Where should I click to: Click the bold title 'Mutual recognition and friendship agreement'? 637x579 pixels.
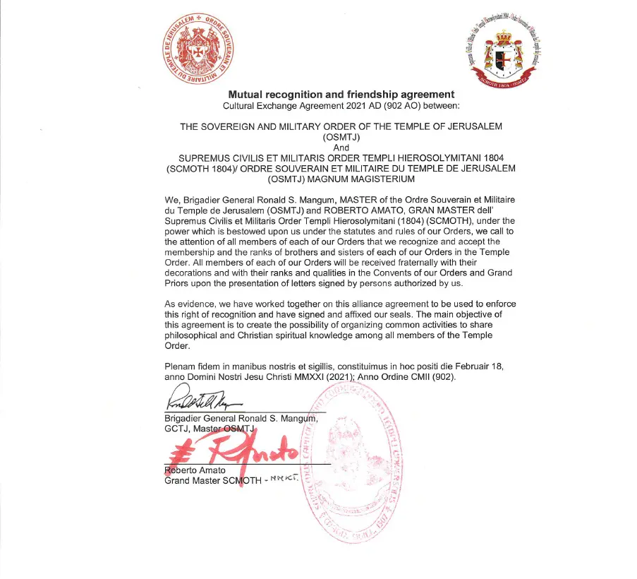point(341,95)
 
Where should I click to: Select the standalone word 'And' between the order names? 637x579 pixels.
point(341,148)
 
